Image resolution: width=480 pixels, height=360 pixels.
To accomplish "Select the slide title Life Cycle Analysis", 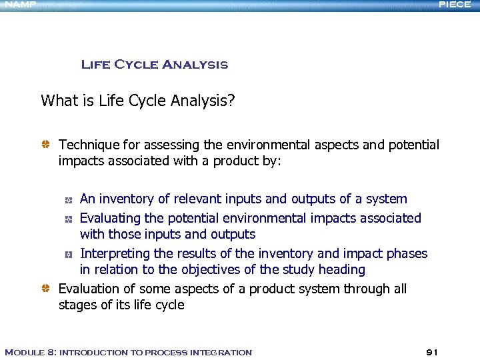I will [154, 65].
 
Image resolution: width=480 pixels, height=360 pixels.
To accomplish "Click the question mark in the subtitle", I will [230, 101].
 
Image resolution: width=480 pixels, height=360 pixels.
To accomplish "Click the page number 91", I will [432, 352].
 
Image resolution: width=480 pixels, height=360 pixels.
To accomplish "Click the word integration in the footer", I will [221, 352].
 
